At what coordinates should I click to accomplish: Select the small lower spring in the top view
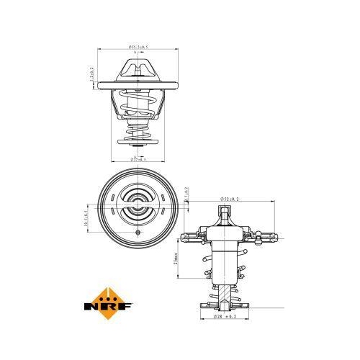pyautogui.click(x=138, y=130)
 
